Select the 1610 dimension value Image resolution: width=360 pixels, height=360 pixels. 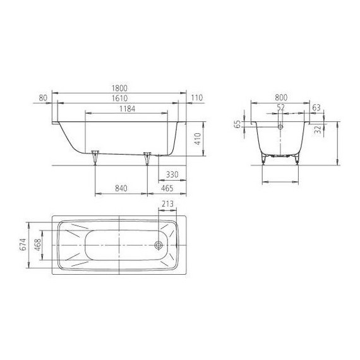click(x=121, y=99)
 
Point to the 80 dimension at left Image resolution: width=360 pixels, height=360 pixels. click(x=43, y=99)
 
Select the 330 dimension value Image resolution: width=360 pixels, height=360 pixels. click(x=171, y=174)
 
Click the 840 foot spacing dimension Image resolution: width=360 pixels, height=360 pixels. click(x=121, y=188)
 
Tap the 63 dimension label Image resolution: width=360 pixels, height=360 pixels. click(x=316, y=109)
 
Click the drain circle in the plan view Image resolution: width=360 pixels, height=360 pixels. click(x=159, y=244)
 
